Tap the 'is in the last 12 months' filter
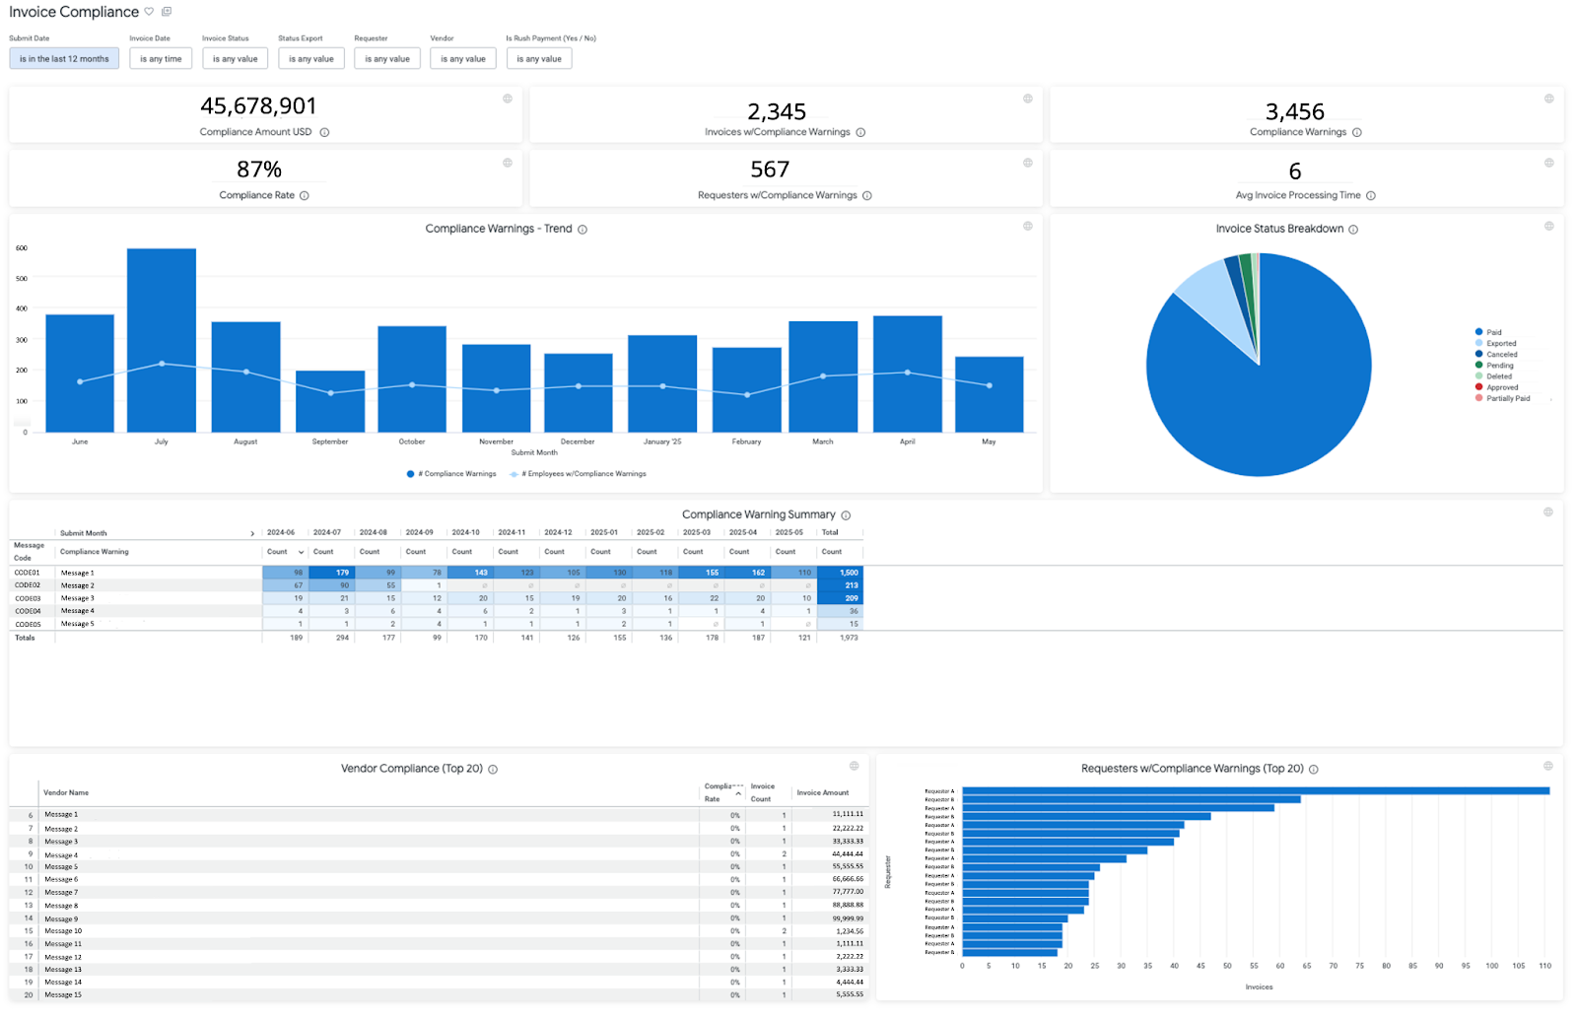coord(64,59)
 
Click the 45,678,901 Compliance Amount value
coord(258,106)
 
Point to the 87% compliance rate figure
coord(259,170)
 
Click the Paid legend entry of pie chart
coord(1494,332)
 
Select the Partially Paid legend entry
coord(1508,398)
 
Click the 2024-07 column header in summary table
coord(327,532)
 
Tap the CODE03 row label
coord(28,598)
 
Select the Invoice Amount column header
coord(822,792)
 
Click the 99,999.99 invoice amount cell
coord(848,919)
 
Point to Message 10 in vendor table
coord(63,931)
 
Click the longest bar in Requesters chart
coord(1255,790)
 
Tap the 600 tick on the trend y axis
coord(22,248)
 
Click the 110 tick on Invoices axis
coord(1544,966)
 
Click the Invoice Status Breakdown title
coord(1279,229)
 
